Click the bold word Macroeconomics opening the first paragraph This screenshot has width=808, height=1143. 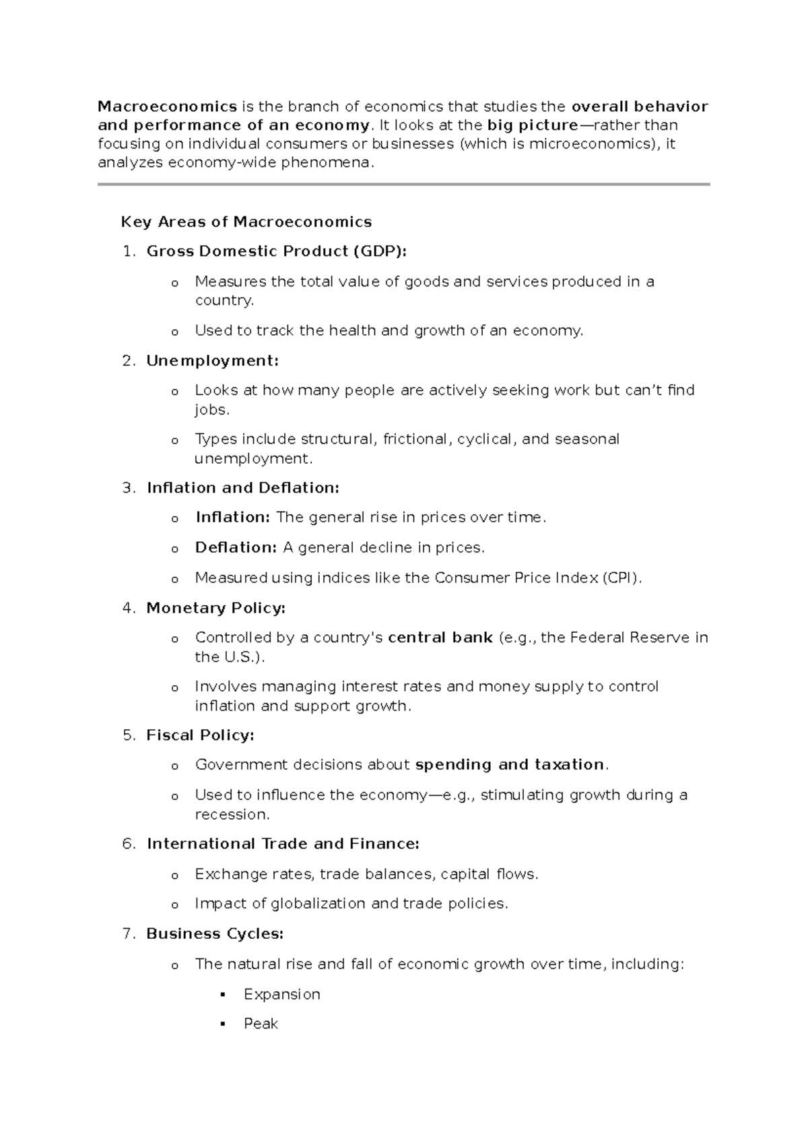[167, 106]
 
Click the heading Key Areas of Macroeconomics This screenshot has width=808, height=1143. [246, 222]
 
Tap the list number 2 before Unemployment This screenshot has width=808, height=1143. [128, 361]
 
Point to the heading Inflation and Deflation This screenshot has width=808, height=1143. [242, 488]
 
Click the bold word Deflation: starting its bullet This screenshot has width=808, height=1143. [236, 547]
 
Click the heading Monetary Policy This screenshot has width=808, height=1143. [215, 608]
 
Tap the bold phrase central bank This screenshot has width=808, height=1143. [440, 638]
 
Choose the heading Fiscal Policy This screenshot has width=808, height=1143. [200, 735]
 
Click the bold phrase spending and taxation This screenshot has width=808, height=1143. [510, 765]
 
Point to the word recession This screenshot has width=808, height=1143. [232, 814]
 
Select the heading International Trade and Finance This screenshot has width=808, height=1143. [283, 844]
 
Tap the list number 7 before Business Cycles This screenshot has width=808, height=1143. [128, 934]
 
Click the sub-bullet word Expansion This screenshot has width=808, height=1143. [281, 994]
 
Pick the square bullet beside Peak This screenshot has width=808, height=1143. [223, 1024]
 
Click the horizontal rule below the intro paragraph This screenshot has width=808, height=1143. [404, 184]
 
